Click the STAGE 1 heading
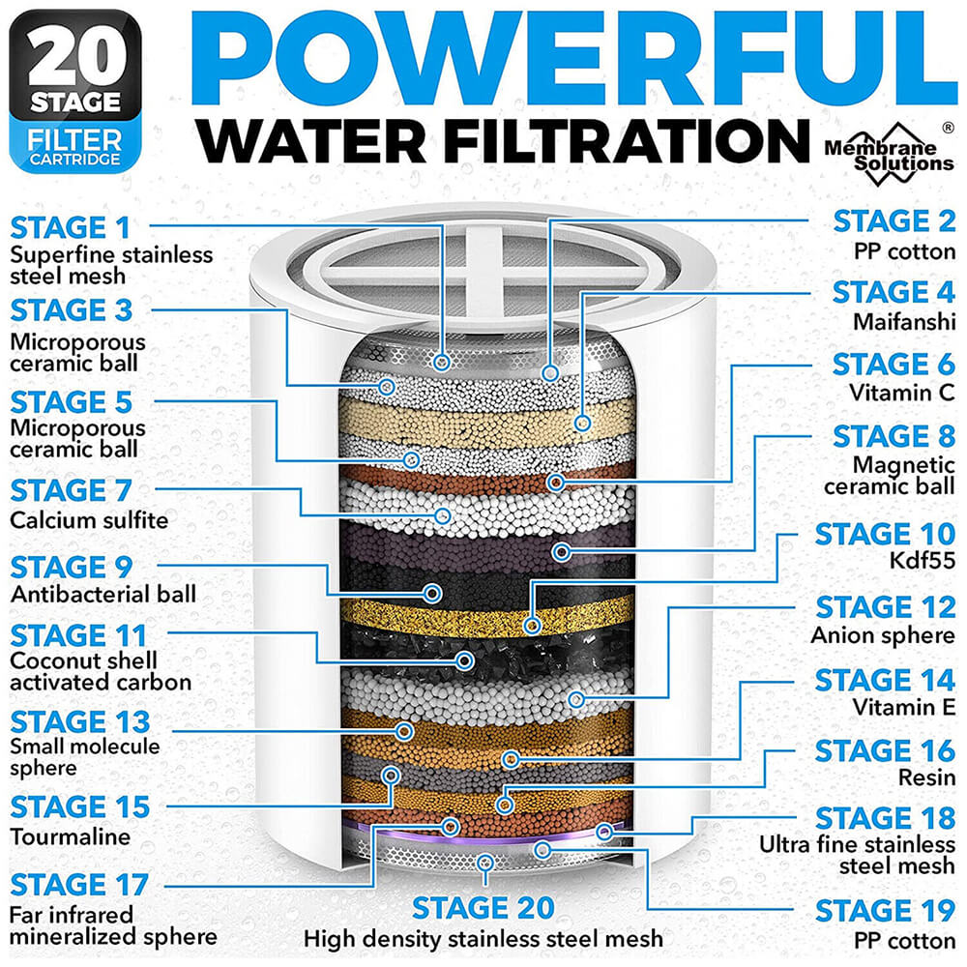pyautogui.click(x=70, y=228)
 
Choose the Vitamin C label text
pyautogui.click(x=901, y=394)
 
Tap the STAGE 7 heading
pyautogui.click(x=71, y=491)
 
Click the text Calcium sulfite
pyautogui.click(x=89, y=521)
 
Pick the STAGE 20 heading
pyautogui.click(x=483, y=908)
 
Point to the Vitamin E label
pyautogui.click(x=903, y=707)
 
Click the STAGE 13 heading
pyautogui.click(x=80, y=721)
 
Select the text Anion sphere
pyautogui.click(x=883, y=635)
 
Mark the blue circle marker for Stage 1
pyautogui.click(x=442, y=363)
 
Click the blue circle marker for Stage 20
pyautogui.click(x=485, y=861)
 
